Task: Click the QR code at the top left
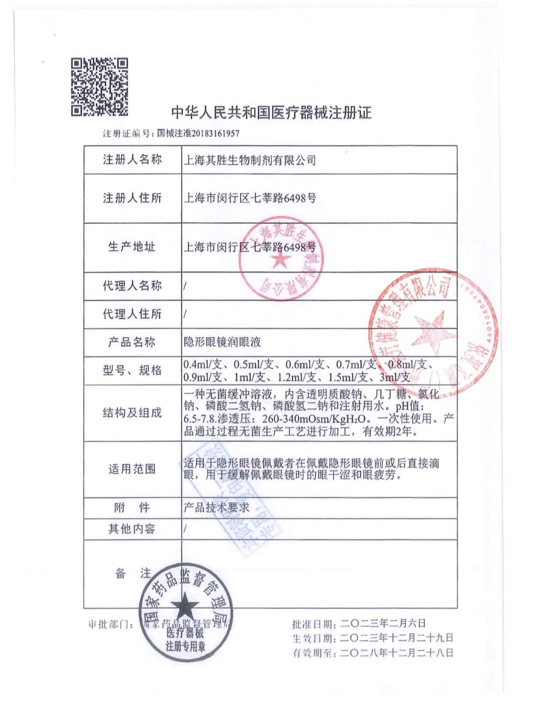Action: [x=99, y=86]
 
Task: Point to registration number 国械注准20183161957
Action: [x=198, y=133]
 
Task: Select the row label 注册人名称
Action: [x=132, y=160]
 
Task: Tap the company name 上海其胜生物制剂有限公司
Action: [x=250, y=160]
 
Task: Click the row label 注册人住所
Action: [x=132, y=198]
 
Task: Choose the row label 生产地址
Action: [x=132, y=247]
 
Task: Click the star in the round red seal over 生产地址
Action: [x=280, y=259]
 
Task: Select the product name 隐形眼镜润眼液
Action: [x=223, y=342]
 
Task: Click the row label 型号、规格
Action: [x=132, y=370]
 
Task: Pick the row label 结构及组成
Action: [x=132, y=412]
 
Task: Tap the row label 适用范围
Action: [x=132, y=469]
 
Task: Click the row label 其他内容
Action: [x=132, y=528]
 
